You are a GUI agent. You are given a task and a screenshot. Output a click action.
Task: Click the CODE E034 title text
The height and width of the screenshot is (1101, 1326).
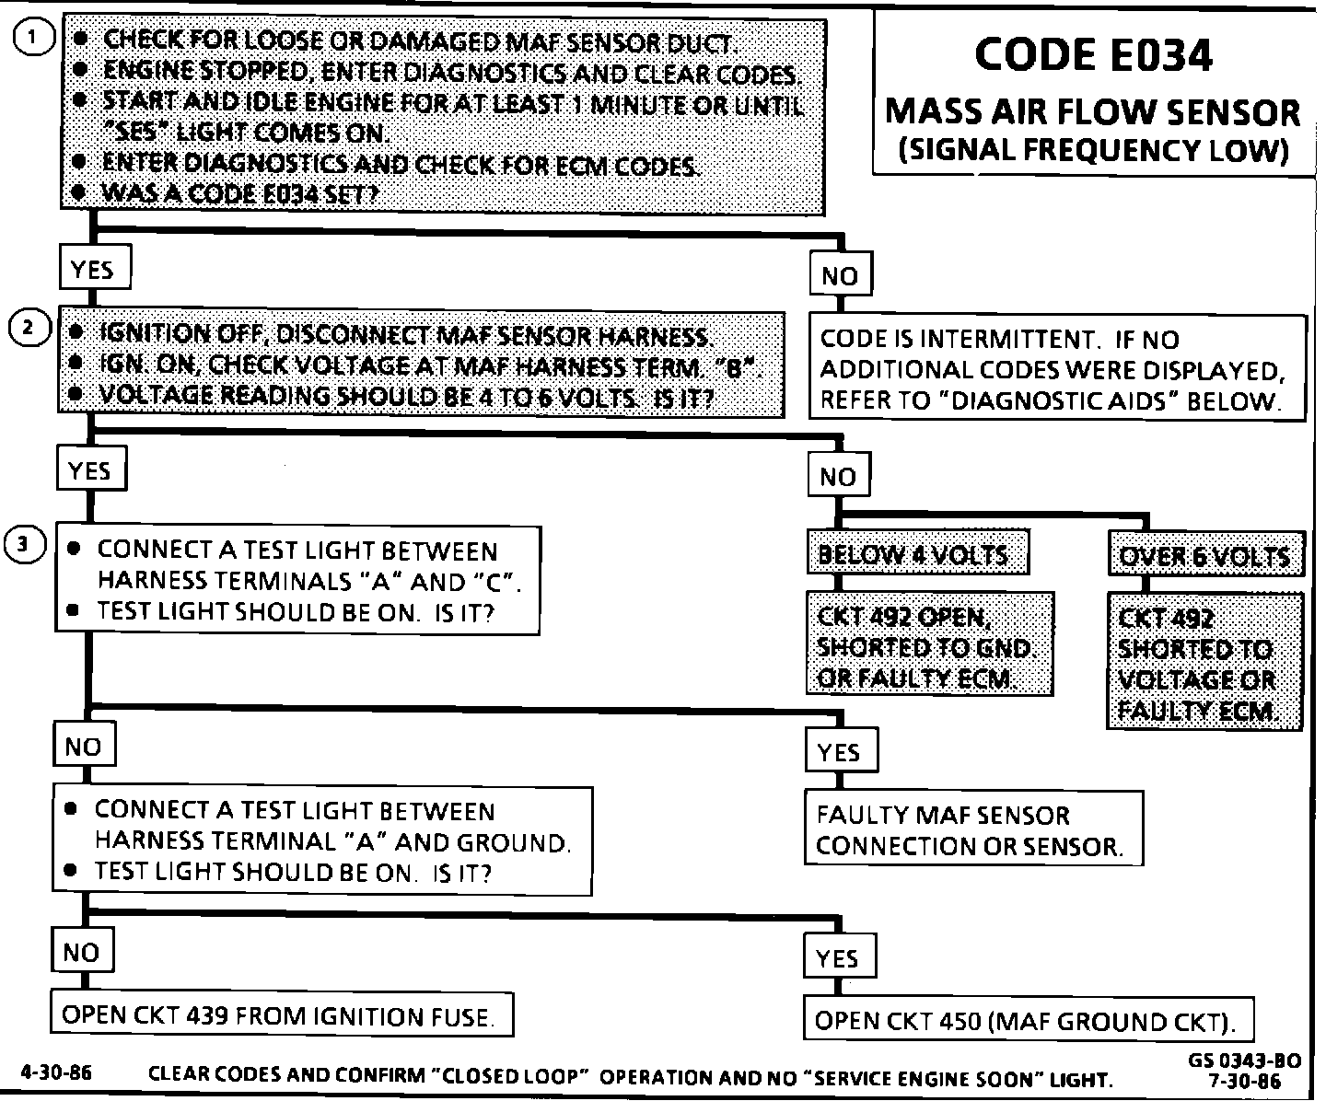(x=1093, y=56)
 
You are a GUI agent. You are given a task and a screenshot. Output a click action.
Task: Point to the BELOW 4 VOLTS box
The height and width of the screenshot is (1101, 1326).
(x=917, y=554)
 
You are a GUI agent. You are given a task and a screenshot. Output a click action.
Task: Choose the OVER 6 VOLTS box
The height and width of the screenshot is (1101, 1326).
(x=1205, y=556)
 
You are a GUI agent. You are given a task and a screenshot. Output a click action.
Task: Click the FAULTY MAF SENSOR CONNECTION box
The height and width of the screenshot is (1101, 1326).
(x=972, y=829)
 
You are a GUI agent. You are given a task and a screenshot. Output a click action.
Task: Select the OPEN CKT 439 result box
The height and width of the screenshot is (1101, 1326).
(x=281, y=1016)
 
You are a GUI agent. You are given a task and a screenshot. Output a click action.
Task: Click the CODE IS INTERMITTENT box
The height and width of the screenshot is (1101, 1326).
(x=1056, y=369)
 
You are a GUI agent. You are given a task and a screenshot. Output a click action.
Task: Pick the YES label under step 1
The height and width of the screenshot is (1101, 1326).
(x=92, y=270)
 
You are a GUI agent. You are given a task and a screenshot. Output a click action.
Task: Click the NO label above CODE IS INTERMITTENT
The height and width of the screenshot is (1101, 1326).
(x=840, y=275)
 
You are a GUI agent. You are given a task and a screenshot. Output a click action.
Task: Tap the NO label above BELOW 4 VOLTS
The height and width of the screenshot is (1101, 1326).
(x=838, y=477)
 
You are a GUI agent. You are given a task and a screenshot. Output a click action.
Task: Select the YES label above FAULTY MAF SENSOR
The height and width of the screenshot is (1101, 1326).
(x=840, y=752)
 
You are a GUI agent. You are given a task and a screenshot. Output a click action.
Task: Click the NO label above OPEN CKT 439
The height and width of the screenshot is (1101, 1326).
(x=81, y=953)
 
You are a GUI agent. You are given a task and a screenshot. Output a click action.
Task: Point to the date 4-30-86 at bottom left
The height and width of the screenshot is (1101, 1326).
(x=55, y=1072)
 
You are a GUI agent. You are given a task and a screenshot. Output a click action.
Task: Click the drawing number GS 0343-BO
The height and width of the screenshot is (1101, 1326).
(x=1243, y=1060)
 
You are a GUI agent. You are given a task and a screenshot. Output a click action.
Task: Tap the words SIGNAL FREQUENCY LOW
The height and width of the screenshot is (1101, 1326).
(x=1093, y=150)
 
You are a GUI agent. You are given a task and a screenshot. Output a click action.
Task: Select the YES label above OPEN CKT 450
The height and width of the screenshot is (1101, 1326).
(x=838, y=958)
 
